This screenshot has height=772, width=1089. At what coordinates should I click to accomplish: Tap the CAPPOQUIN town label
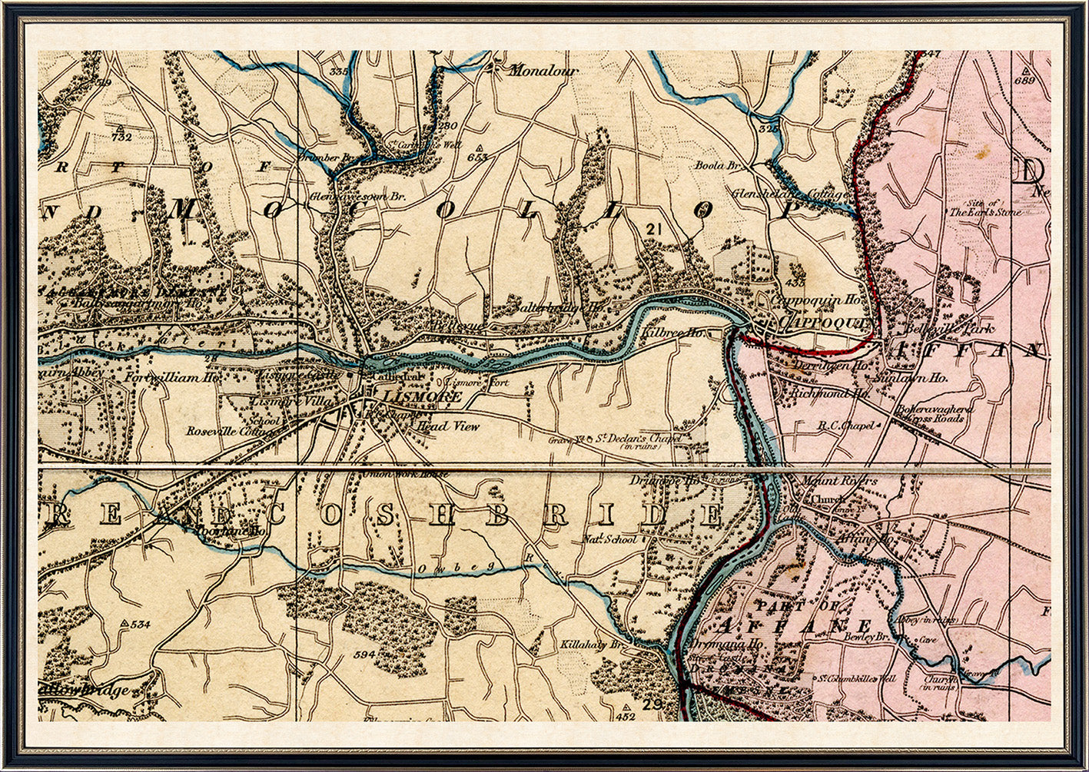pyautogui.click(x=822, y=323)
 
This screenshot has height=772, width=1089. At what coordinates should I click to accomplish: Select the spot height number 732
pyautogui.click(x=121, y=137)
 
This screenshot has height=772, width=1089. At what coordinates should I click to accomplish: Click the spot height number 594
pyautogui.click(x=365, y=654)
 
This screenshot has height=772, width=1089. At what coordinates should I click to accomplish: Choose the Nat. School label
pyautogui.click(x=610, y=539)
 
